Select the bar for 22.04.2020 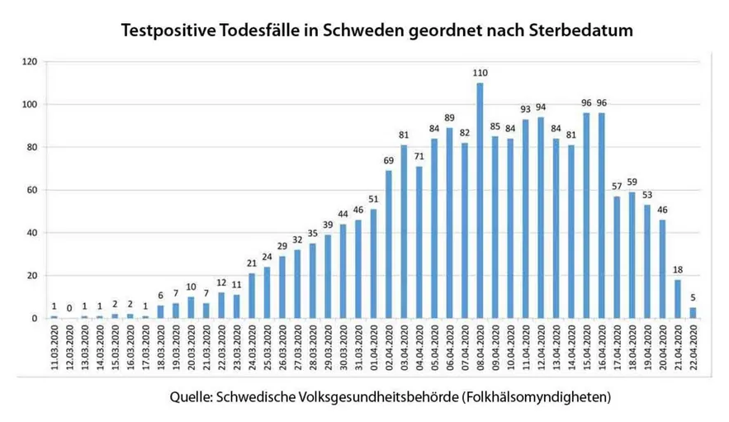point(692,313)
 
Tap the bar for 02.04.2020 point(389,244)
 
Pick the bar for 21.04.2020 point(676,299)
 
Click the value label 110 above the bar point(480,73)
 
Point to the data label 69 point(389,161)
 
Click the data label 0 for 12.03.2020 point(69,309)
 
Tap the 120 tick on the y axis point(31,62)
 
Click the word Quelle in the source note point(189,397)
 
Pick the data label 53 point(646,196)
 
